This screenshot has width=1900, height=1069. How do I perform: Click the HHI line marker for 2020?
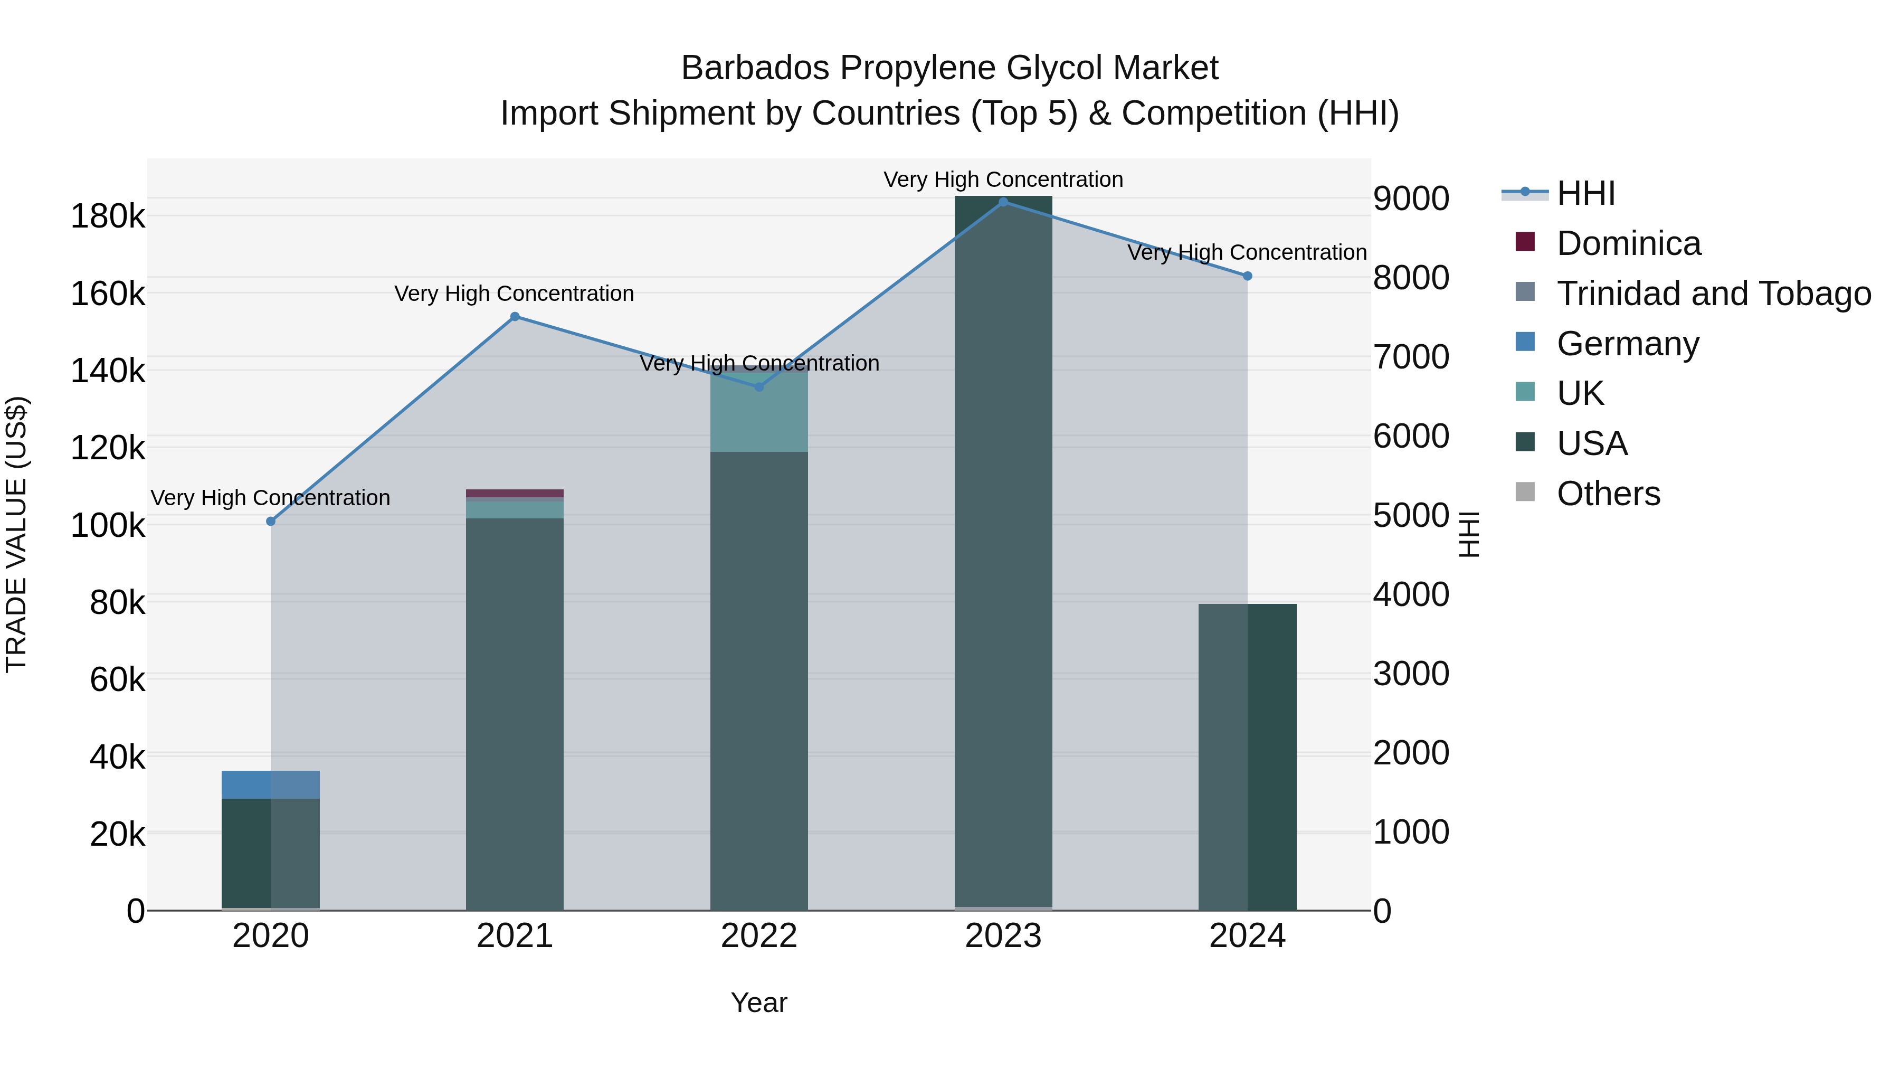click(271, 522)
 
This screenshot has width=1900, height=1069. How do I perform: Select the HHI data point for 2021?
click(515, 317)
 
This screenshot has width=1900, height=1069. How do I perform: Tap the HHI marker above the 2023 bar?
click(1003, 202)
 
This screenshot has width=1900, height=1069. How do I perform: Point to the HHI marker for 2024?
click(1247, 276)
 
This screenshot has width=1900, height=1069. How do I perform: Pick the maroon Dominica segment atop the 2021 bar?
click(515, 494)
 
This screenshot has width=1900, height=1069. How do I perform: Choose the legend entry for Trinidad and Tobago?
click(1713, 294)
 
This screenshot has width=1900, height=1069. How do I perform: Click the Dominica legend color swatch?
click(1525, 242)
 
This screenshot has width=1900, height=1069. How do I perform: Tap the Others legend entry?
click(1608, 494)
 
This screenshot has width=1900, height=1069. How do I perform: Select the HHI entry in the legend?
click(1586, 193)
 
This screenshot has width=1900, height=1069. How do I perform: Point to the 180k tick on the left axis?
click(108, 217)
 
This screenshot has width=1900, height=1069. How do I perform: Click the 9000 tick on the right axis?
click(1411, 198)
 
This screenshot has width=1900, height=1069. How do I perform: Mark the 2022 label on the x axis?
click(759, 936)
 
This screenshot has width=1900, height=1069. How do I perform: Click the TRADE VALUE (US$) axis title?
click(16, 534)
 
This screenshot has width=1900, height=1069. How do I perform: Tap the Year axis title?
click(759, 1002)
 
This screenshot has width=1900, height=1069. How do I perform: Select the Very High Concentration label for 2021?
click(514, 294)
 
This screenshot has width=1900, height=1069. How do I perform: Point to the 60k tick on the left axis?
click(117, 679)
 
